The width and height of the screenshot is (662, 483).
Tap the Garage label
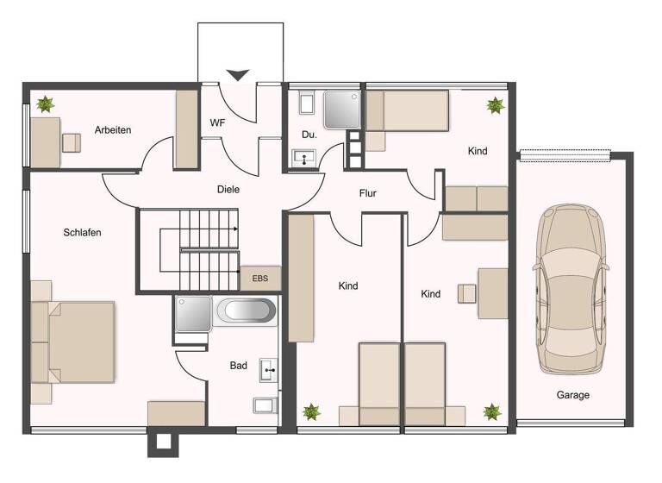pyautogui.click(x=572, y=395)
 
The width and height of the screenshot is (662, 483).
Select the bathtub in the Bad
pyautogui.click(x=246, y=311)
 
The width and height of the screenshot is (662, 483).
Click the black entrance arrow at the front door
pyautogui.click(x=238, y=75)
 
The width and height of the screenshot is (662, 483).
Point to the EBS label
pyautogui.click(x=259, y=279)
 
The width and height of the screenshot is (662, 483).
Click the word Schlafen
pyautogui.click(x=84, y=232)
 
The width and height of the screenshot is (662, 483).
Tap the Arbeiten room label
pyautogui.click(x=113, y=130)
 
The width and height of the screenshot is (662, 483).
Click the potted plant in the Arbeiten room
pyautogui.click(x=45, y=104)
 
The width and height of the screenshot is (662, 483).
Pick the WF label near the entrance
pyautogui.click(x=217, y=122)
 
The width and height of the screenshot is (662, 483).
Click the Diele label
pyautogui.click(x=228, y=189)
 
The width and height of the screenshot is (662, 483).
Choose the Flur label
pyautogui.click(x=368, y=193)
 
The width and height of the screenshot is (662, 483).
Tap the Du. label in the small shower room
pyautogui.click(x=309, y=135)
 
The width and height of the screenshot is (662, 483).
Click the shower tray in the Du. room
pyautogui.click(x=341, y=110)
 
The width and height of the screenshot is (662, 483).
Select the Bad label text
pyautogui.click(x=239, y=366)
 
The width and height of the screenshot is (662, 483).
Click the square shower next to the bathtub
pyautogui.click(x=192, y=314)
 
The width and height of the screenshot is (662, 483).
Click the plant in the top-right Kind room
pyautogui.click(x=495, y=105)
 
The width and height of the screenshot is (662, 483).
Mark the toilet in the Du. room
pyautogui.click(x=306, y=104)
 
